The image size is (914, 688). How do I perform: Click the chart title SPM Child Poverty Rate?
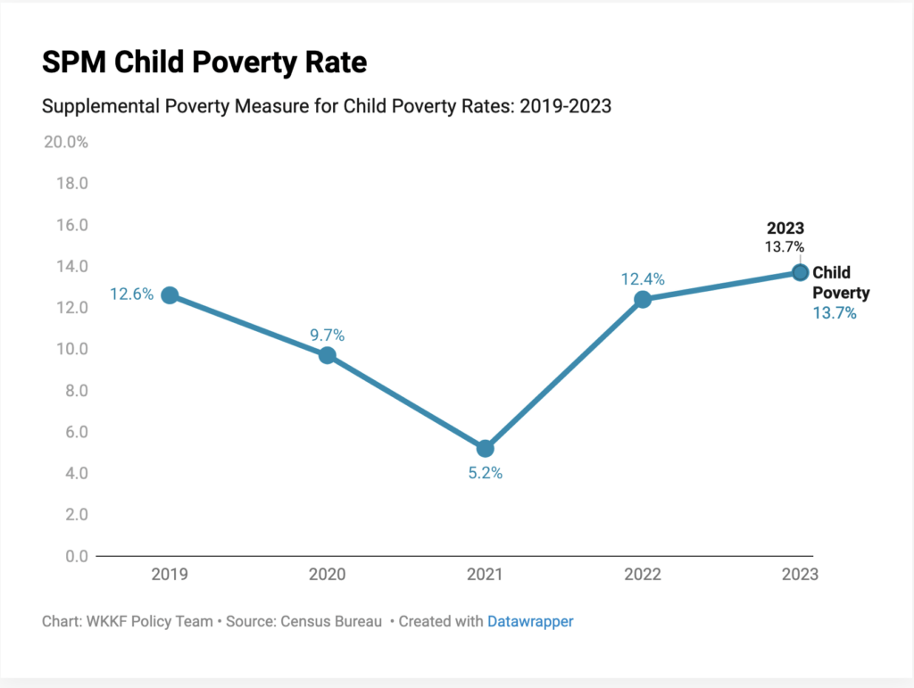click(204, 62)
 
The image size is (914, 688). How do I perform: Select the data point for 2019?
click(170, 295)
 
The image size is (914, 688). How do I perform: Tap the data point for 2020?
click(328, 355)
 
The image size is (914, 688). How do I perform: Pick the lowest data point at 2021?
click(485, 448)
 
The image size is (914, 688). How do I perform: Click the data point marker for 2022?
click(643, 299)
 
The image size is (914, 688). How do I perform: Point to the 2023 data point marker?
click(800, 272)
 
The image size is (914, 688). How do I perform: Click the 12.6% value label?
click(131, 294)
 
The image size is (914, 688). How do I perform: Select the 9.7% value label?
click(328, 336)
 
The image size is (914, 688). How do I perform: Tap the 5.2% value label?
click(486, 473)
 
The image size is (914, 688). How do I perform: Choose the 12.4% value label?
click(643, 279)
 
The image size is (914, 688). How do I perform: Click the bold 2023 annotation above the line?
click(785, 228)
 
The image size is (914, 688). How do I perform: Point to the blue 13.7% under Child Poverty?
click(835, 313)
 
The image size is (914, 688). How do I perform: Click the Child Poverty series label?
click(840, 282)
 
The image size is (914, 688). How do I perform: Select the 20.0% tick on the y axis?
click(65, 142)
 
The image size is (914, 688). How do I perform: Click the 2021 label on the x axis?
click(485, 575)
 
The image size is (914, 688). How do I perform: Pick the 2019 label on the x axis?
click(170, 575)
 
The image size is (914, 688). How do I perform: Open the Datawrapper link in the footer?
click(530, 621)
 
